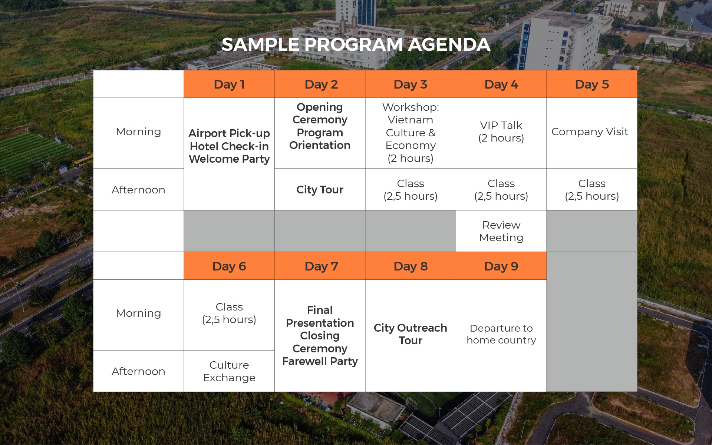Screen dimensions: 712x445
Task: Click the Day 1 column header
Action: pos(229,84)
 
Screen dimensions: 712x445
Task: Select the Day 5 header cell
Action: pos(592,84)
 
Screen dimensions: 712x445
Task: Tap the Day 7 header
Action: pos(320,266)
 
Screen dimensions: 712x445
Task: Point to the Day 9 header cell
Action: pos(501,266)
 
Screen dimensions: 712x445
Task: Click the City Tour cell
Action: pos(320,189)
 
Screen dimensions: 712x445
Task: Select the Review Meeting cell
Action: pos(501,231)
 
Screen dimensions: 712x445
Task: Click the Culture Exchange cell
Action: pos(229,371)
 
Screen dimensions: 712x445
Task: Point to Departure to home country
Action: pos(501,334)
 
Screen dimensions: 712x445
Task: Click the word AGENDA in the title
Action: pos(449,44)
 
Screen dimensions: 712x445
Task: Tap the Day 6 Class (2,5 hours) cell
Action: pos(229,315)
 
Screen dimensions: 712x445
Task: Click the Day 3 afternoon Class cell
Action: pos(411,189)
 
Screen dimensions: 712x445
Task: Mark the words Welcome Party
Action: pos(229,159)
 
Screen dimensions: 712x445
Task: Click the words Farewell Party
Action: pos(320,361)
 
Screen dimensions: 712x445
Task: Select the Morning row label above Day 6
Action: pos(138,313)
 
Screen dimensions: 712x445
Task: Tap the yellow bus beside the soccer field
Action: pos(83,162)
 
